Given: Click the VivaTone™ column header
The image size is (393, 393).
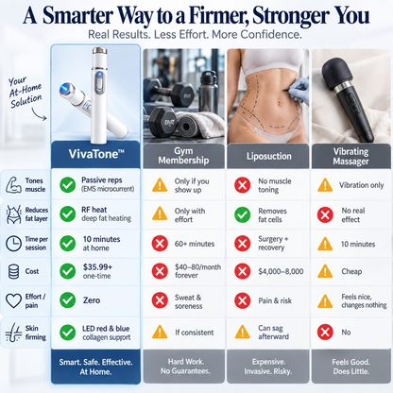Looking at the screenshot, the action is click(x=96, y=154).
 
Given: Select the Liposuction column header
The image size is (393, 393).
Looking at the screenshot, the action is click(x=269, y=156).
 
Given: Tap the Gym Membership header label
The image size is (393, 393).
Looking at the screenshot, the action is click(x=183, y=156).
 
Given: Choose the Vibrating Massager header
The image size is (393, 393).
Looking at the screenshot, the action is click(x=350, y=156).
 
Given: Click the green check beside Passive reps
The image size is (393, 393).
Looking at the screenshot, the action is click(x=68, y=184).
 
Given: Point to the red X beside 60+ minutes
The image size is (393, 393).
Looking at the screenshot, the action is click(x=160, y=244).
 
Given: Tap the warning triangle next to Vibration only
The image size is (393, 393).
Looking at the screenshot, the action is click(x=325, y=185).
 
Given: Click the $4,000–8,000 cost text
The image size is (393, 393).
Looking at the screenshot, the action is click(x=281, y=271).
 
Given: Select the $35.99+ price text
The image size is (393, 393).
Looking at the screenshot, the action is click(x=97, y=267).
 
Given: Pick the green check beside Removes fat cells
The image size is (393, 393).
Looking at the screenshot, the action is click(x=243, y=214).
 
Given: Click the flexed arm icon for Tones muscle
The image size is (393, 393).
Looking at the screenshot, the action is click(x=13, y=185).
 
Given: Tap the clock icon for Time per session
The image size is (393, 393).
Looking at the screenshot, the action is click(x=13, y=243).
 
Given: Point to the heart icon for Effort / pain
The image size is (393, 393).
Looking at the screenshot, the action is click(x=13, y=300).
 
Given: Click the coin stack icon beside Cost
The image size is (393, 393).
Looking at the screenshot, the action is click(x=13, y=271).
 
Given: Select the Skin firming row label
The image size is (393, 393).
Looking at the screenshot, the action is click(x=36, y=333).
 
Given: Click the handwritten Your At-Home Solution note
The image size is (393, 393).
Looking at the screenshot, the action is click(x=26, y=93).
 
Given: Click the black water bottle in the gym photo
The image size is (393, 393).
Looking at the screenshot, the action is click(x=208, y=92).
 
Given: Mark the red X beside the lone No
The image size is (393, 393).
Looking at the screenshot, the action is click(x=325, y=332).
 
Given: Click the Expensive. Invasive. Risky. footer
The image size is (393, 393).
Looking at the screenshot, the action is click(x=268, y=367).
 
